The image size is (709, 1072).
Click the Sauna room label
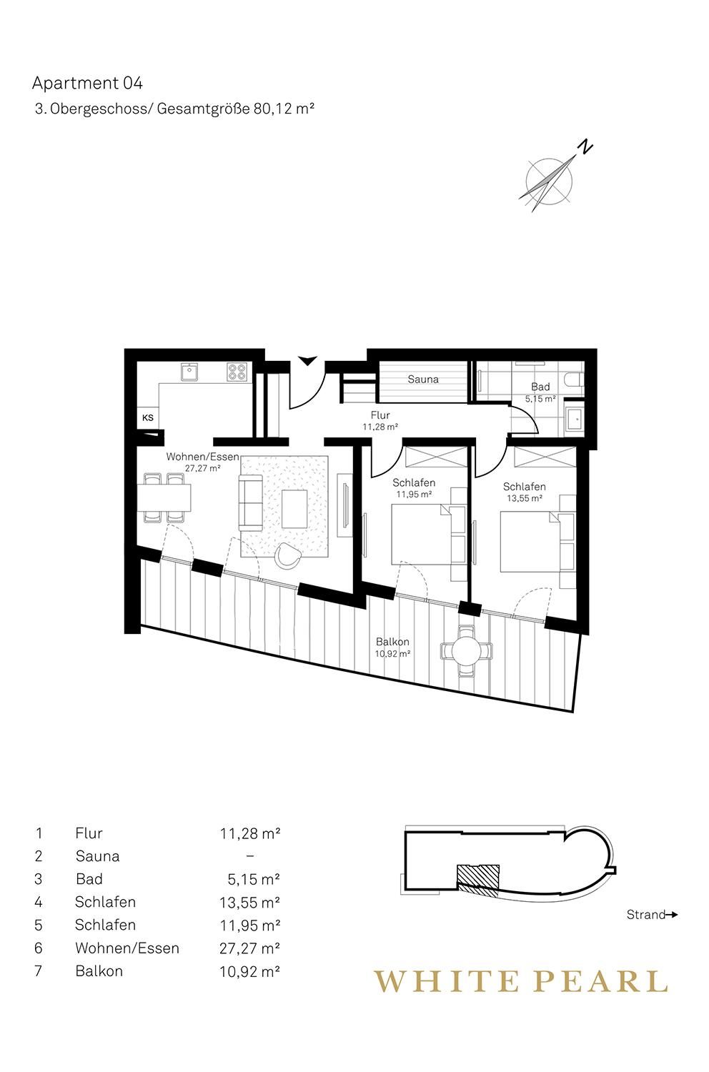tap(422, 379)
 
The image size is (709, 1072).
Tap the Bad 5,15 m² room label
tap(540, 392)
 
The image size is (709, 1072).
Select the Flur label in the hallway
tap(380, 415)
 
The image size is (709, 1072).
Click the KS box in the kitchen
tap(148, 418)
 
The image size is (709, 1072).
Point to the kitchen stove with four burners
tap(237, 372)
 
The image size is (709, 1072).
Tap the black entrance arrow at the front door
tap(307, 361)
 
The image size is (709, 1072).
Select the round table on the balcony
tap(467, 651)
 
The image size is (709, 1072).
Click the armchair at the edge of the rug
tap(288, 555)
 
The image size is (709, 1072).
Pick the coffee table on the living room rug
tap(294, 509)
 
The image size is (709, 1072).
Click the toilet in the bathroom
tap(573, 380)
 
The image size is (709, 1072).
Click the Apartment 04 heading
tap(88, 84)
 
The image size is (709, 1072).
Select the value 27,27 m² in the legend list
tap(249, 948)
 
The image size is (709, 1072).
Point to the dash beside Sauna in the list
tap(250, 856)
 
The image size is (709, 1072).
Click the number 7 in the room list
tap(39, 971)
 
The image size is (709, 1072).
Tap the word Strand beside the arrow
tap(646, 915)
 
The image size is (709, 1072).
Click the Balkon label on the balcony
tap(392, 642)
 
